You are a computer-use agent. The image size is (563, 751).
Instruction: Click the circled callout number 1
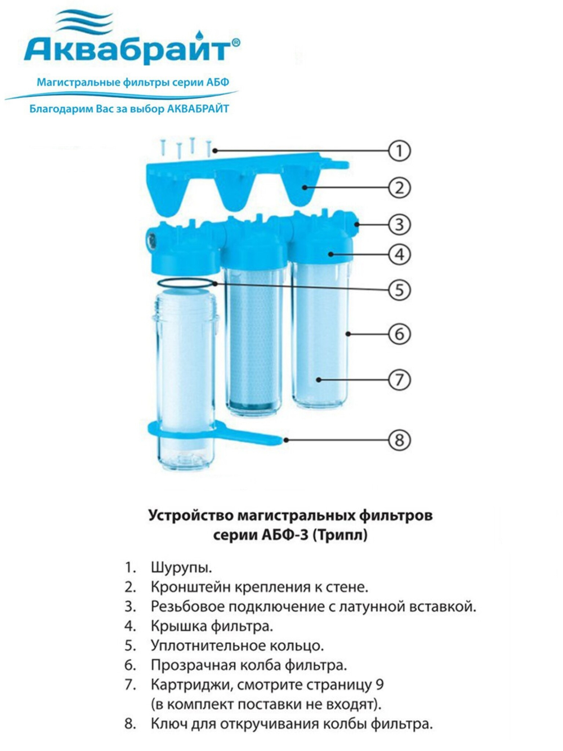pyautogui.click(x=400, y=151)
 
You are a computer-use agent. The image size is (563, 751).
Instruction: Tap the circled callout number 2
pyautogui.click(x=400, y=188)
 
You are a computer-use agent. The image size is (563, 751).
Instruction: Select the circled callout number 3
pyautogui.click(x=400, y=225)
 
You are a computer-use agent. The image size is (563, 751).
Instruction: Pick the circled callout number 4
pyautogui.click(x=400, y=255)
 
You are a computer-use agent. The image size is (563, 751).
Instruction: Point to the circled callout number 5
pyautogui.click(x=400, y=290)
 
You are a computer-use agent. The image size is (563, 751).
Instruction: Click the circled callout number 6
pyautogui.click(x=400, y=334)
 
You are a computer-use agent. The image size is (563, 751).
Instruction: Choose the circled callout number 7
pyautogui.click(x=400, y=380)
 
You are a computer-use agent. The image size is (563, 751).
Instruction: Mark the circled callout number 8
pyautogui.click(x=400, y=440)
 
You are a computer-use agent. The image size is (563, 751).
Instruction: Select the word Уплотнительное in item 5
pyautogui.click(x=208, y=646)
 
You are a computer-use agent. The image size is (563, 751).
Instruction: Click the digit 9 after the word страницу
pyautogui.click(x=379, y=685)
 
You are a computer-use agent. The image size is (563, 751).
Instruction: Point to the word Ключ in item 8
pyautogui.click(x=171, y=724)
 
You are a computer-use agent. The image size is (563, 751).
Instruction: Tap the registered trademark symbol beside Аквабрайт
pyautogui.click(x=236, y=42)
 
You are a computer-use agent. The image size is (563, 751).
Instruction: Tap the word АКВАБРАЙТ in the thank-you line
pyautogui.click(x=198, y=109)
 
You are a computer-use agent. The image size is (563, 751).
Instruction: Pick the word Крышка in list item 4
pyautogui.click(x=179, y=626)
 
